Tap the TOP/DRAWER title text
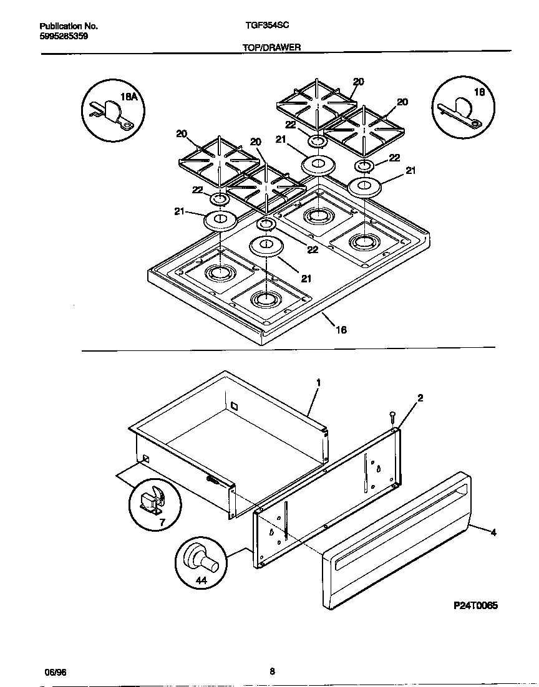point(271,47)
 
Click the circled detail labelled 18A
point(113,110)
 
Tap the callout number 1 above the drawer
point(318,382)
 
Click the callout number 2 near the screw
point(420,398)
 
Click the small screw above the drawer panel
point(392,416)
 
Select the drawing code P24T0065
point(475,605)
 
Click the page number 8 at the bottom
point(272,671)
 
